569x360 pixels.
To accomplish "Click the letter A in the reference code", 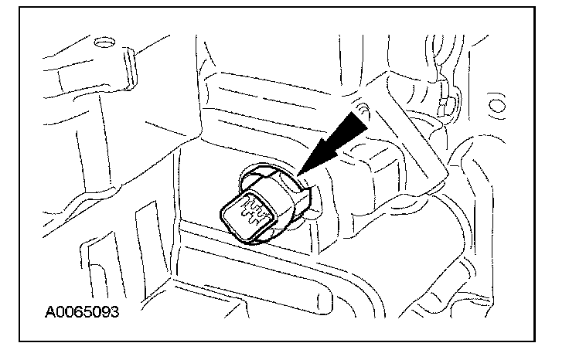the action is pyautogui.click(x=50, y=314).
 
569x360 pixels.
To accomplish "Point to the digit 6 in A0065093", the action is pyautogui.click(x=78, y=314).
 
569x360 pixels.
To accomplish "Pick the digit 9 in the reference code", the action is pyautogui.click(x=104, y=314).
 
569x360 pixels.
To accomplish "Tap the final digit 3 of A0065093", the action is pyautogui.click(x=114, y=314).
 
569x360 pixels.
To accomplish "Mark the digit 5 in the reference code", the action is pyautogui.click(x=87, y=314).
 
